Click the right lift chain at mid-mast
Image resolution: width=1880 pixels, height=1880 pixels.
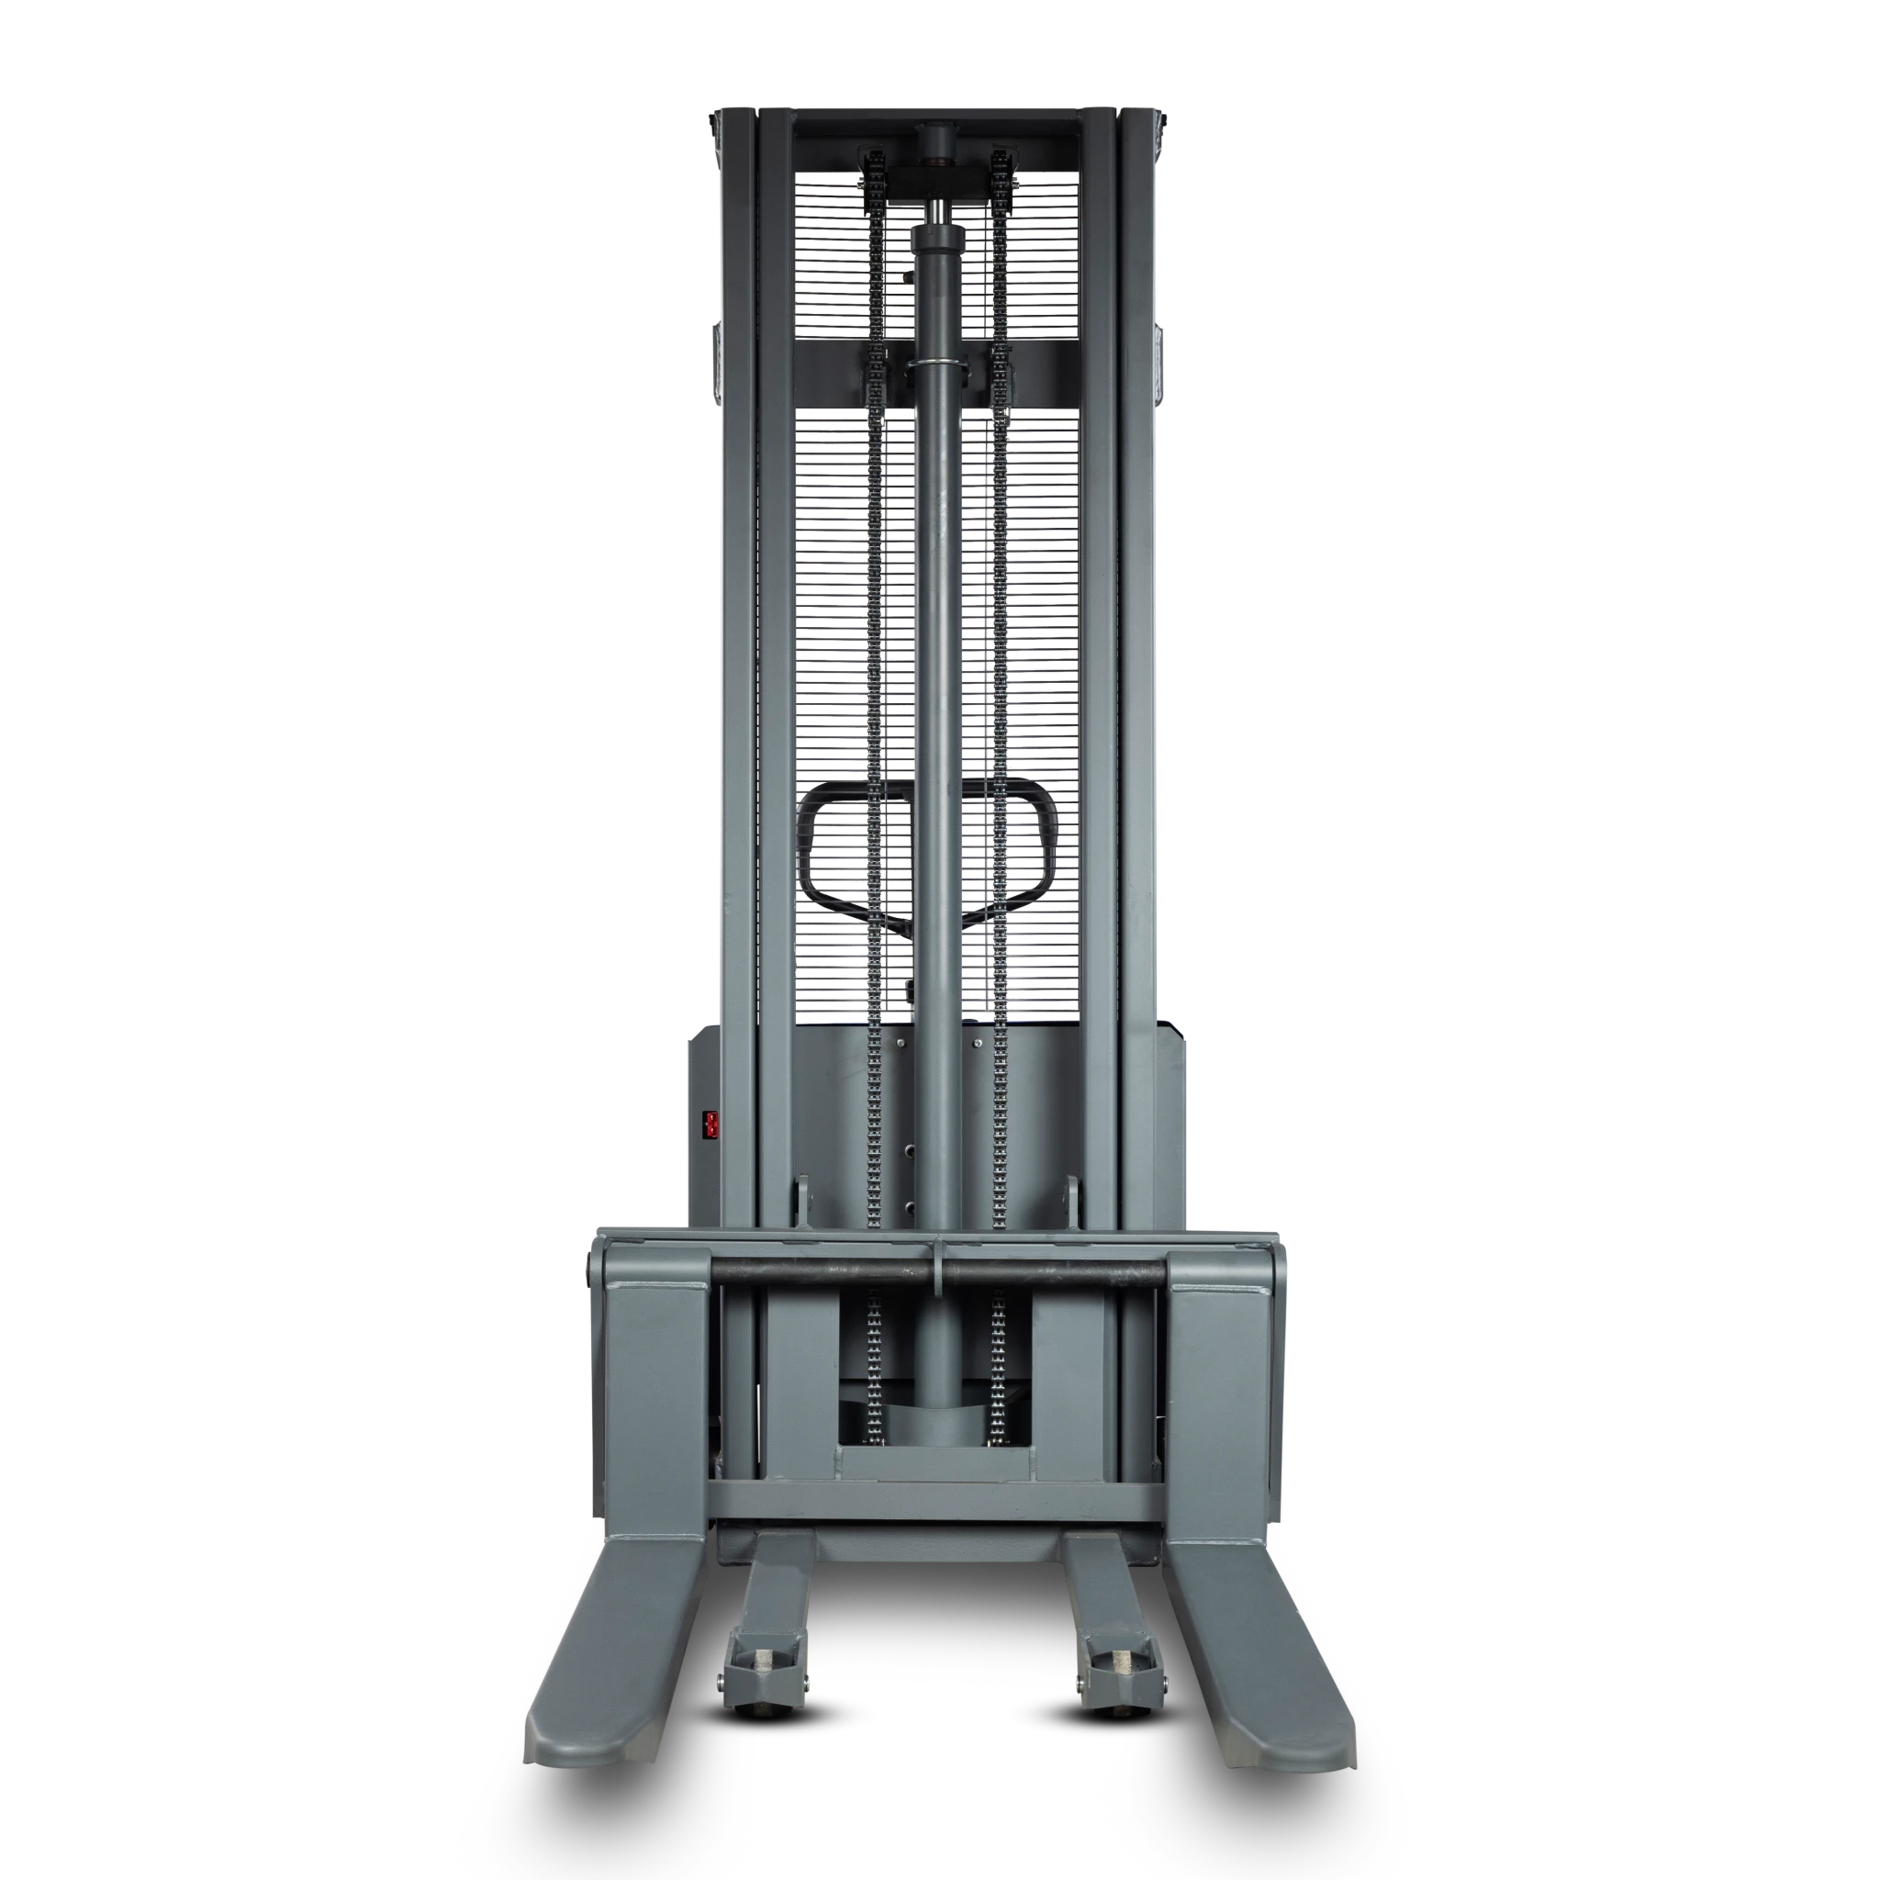(1001, 681)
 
